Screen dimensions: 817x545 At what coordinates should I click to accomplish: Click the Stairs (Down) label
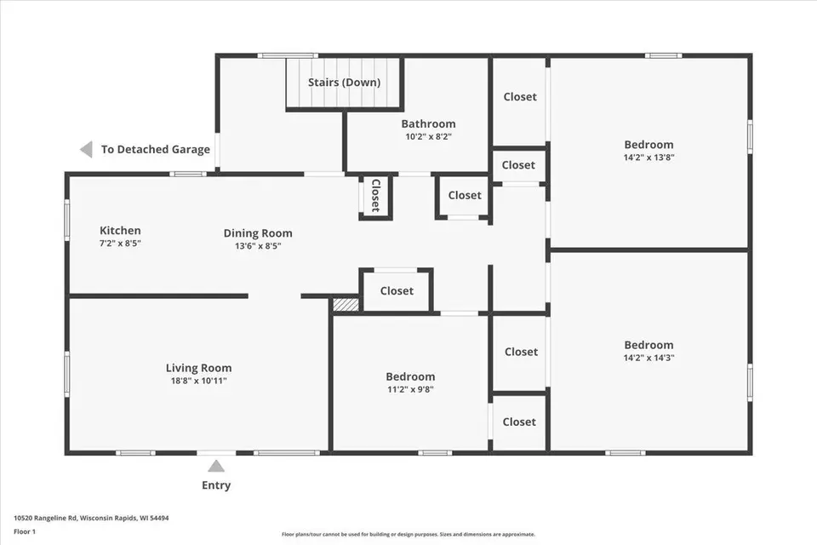(x=344, y=83)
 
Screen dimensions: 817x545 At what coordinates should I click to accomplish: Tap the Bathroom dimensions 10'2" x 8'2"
(x=428, y=136)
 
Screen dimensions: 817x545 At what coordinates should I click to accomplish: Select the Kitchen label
(x=120, y=231)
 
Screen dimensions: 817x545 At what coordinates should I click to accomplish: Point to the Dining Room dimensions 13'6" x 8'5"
(x=258, y=246)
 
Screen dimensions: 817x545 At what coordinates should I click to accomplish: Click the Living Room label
(x=198, y=368)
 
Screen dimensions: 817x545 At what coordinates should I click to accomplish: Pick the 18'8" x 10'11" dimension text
(x=198, y=381)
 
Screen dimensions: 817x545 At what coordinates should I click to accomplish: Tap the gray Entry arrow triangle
(x=216, y=466)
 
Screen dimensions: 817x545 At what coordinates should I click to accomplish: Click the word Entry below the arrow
(x=216, y=485)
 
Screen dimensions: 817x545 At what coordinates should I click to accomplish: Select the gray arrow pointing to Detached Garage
(x=86, y=149)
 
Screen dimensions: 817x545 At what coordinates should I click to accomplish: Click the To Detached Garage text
(x=155, y=149)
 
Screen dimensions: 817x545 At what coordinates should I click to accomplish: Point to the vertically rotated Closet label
(x=375, y=196)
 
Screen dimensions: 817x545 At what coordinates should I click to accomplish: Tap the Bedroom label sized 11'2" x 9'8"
(x=410, y=376)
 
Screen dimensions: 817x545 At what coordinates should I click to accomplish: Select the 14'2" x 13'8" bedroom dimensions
(x=648, y=158)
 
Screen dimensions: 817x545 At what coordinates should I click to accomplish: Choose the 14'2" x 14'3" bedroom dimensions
(x=648, y=358)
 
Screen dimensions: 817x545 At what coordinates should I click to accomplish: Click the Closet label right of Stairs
(x=520, y=96)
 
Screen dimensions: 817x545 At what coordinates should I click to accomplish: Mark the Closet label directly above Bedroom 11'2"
(x=397, y=291)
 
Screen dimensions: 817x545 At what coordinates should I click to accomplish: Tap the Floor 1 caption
(x=25, y=532)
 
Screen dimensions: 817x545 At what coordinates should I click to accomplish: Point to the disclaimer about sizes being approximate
(x=408, y=534)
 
